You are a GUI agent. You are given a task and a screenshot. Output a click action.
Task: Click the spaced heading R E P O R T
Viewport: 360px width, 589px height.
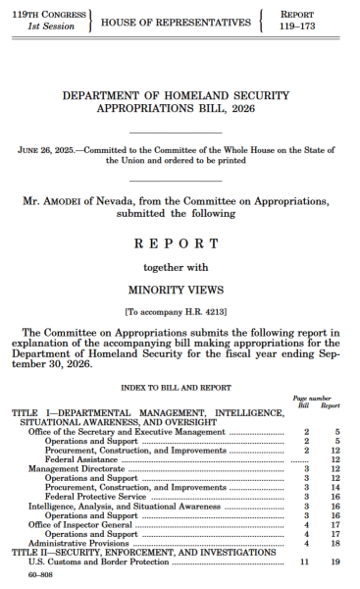[179, 241]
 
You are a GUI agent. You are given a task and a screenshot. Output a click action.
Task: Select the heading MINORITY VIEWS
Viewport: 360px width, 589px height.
[179, 291]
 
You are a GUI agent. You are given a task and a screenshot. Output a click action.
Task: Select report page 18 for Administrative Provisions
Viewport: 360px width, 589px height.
[335, 542]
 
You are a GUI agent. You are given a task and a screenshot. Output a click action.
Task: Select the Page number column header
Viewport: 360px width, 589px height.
[320, 399]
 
